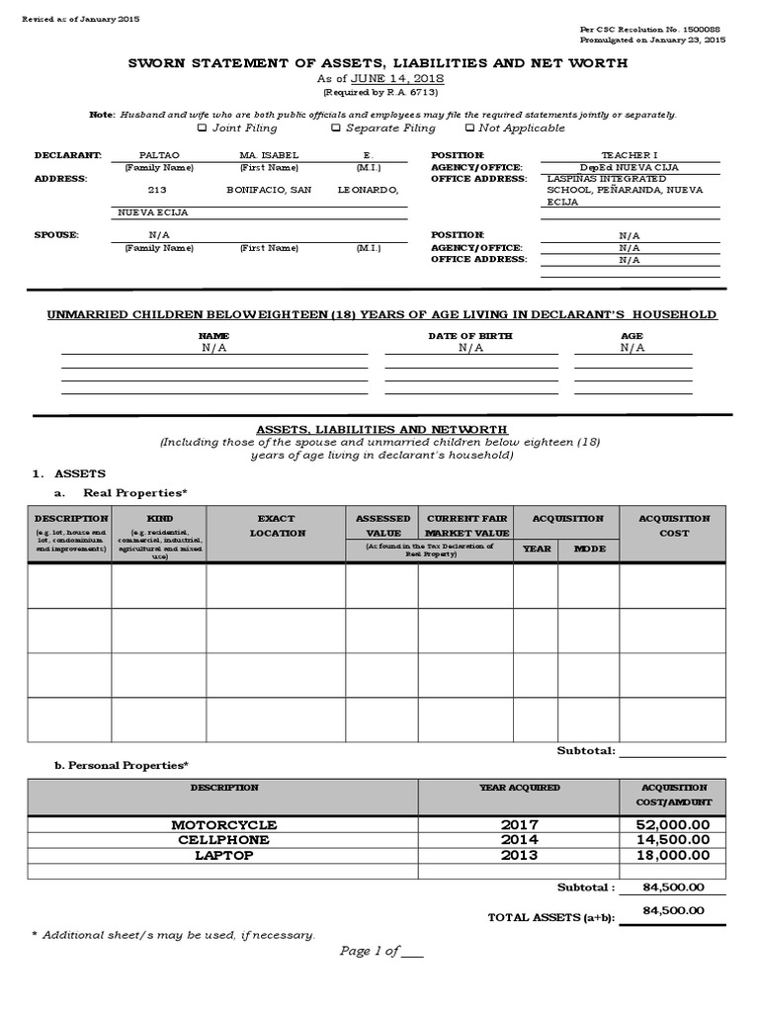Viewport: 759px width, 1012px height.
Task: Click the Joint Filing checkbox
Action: [202, 127]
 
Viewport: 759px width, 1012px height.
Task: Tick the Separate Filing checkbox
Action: [336, 127]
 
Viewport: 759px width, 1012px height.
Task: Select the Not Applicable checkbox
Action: [469, 127]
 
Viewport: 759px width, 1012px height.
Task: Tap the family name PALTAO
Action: [151, 155]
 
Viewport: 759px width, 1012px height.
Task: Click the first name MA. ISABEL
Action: [268, 155]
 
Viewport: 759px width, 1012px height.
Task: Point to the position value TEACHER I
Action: [630, 155]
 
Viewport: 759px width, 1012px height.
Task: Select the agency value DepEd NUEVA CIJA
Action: [630, 167]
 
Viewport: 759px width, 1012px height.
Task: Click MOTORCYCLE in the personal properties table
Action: [223, 824]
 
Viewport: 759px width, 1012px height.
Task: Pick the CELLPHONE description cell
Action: [223, 840]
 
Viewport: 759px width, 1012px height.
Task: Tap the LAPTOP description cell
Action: [223, 855]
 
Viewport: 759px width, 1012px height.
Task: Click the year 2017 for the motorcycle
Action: [519, 824]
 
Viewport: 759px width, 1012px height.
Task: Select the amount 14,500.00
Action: [675, 840]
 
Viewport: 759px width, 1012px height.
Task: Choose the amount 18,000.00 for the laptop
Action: [675, 855]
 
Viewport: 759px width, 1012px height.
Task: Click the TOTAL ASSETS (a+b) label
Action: [550, 918]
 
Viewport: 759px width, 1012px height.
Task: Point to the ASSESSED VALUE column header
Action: [381, 525]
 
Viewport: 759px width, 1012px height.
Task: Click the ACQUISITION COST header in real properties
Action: [674, 525]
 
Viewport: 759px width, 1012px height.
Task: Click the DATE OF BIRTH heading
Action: [469, 336]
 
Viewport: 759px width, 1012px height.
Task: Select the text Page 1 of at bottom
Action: [371, 951]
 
